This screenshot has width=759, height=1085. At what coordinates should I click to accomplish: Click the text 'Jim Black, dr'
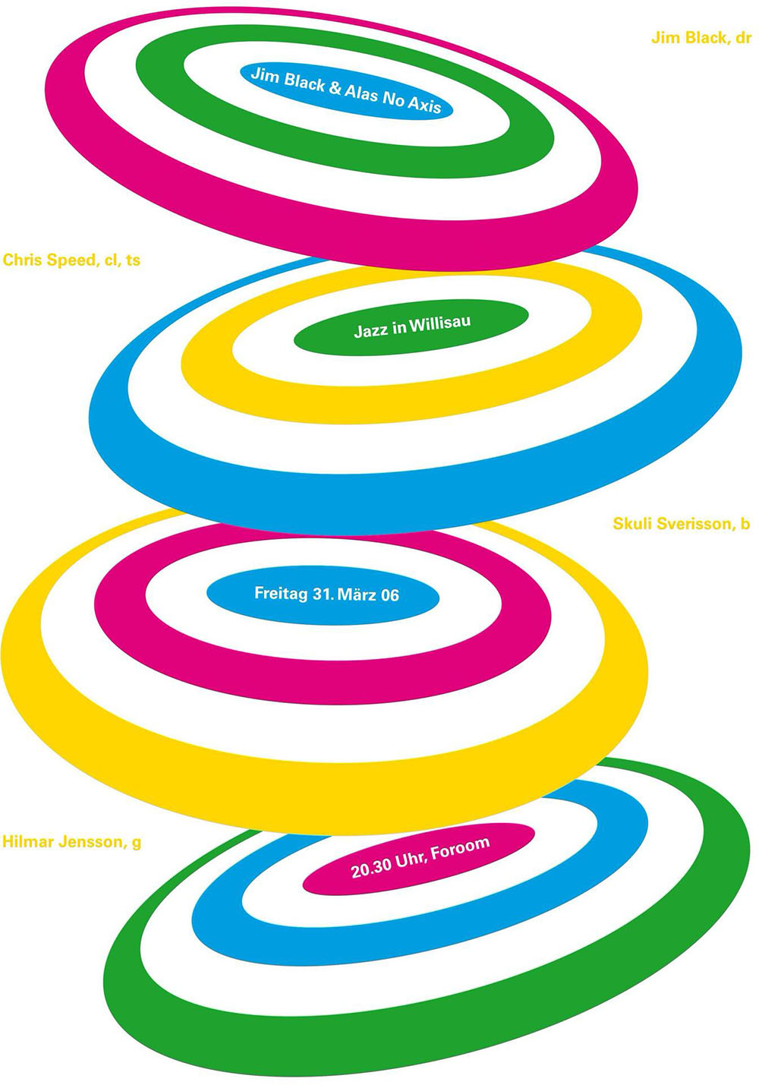point(701,38)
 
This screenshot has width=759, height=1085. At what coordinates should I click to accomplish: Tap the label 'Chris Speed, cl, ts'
point(71,260)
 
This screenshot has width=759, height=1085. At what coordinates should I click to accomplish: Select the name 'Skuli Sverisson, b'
point(682,524)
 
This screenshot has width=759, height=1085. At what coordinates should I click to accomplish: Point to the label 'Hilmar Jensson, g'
point(71,842)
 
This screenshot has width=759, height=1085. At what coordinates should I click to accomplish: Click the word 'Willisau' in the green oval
point(439,324)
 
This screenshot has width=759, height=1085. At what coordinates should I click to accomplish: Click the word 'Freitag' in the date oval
point(281,594)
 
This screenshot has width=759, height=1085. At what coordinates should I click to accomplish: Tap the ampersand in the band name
point(335,89)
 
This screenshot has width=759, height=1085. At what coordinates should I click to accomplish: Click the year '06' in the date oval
point(390,595)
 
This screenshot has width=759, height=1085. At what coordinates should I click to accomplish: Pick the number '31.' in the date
point(323,594)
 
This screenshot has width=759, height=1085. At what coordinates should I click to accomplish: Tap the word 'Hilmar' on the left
point(27,841)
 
